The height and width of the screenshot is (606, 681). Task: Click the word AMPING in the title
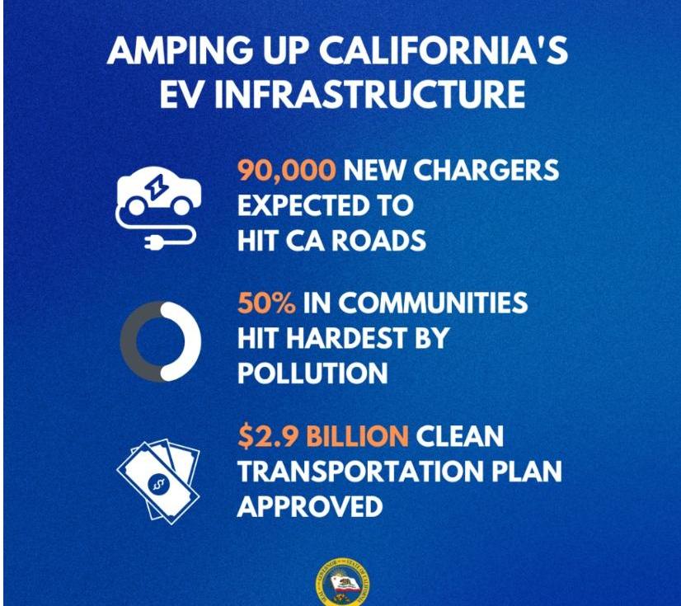coord(180,50)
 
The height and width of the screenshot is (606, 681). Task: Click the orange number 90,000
coord(287,171)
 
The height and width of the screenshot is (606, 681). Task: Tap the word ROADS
coord(378,240)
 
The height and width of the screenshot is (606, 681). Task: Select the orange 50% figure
coord(266,303)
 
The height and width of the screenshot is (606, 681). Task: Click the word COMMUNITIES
coord(433,303)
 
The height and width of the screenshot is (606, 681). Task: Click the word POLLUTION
coord(312,373)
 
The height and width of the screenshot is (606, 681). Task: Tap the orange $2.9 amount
coord(268,436)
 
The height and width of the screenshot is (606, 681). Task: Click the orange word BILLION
coord(358,436)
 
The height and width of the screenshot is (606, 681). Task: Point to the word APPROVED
coord(310,506)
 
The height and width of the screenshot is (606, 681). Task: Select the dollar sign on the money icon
coord(158,483)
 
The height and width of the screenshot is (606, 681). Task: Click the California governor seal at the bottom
coord(343,583)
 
